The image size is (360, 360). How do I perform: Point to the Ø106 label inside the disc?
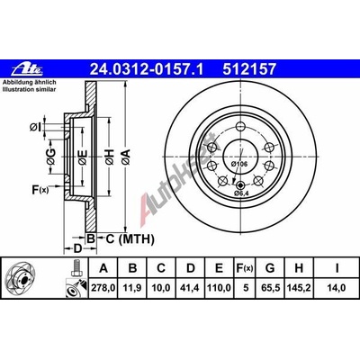pos(239,163)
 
